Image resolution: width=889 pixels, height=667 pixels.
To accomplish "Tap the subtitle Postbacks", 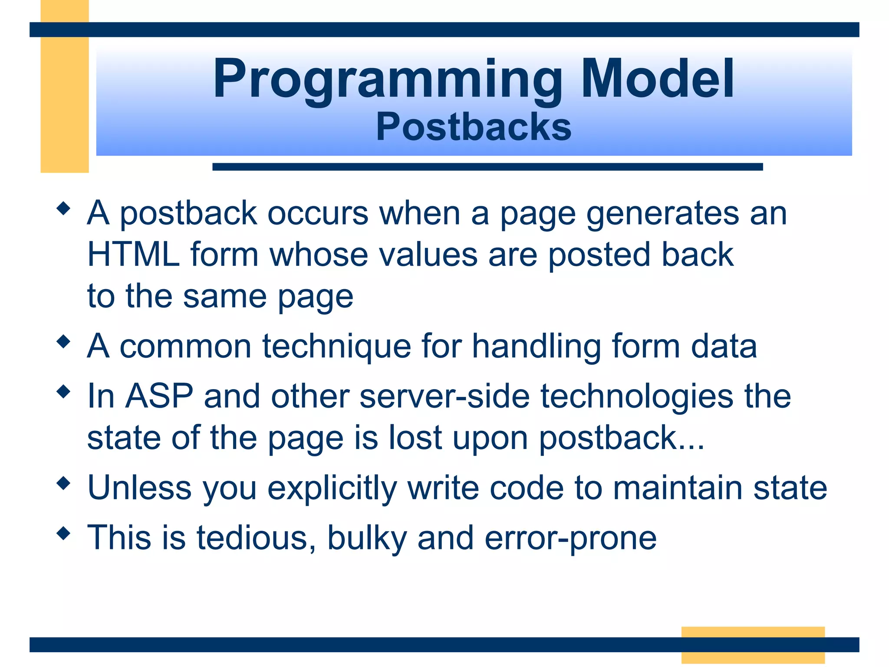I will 474,127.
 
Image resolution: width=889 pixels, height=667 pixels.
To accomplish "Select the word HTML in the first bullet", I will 133,254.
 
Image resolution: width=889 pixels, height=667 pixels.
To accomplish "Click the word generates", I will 662,215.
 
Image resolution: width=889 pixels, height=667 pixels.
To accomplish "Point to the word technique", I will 336,347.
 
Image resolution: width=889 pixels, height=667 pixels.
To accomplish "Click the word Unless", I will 139,488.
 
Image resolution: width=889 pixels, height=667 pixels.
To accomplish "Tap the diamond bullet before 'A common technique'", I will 63,341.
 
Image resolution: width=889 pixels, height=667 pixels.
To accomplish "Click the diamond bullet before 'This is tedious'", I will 63,533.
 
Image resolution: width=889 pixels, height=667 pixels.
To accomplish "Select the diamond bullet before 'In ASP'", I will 63,392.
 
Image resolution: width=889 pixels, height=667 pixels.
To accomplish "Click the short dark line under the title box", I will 487,167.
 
